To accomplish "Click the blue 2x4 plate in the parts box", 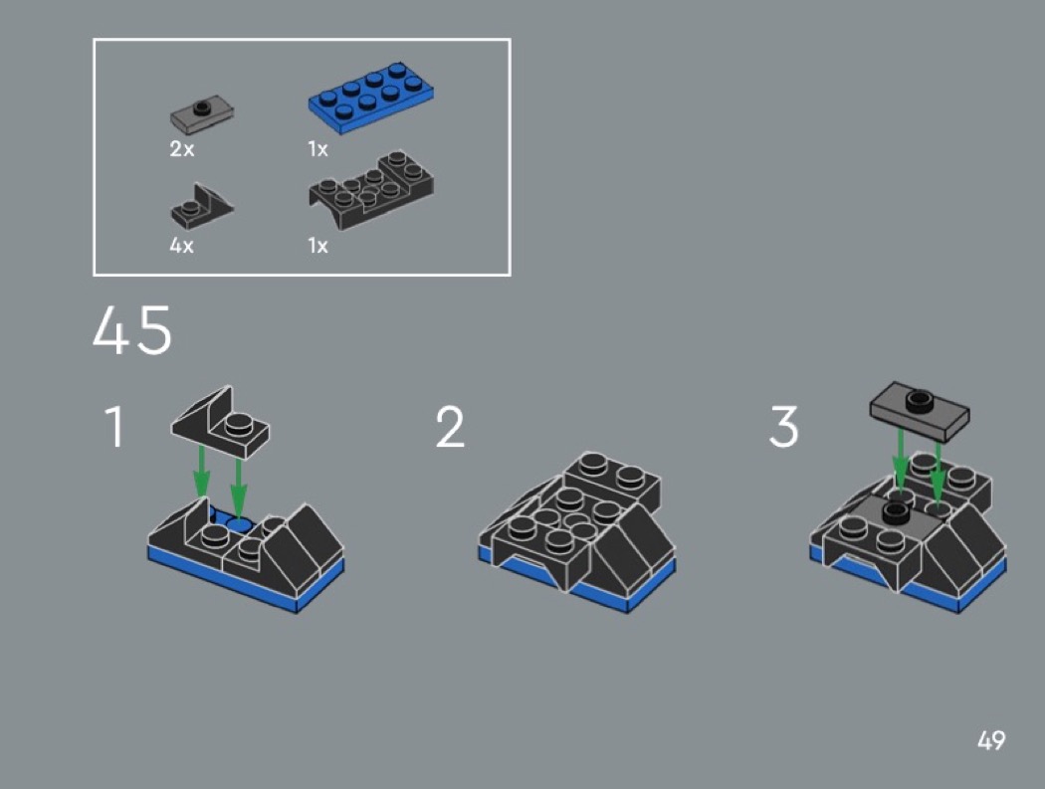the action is (x=370, y=98).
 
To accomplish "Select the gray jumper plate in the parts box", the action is (x=202, y=114).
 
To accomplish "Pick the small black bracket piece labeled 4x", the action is (x=202, y=207).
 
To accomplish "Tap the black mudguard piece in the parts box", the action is (x=371, y=190).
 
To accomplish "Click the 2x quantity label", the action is (x=182, y=148).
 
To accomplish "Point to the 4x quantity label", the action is (x=182, y=245).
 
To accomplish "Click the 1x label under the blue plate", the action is (x=317, y=148).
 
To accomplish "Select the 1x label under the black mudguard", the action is (x=317, y=245).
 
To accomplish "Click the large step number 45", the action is (x=132, y=330).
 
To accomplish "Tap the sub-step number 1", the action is (x=114, y=427).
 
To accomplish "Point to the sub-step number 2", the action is (x=450, y=427).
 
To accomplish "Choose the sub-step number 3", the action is (x=784, y=427).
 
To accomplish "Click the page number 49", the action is (x=991, y=740).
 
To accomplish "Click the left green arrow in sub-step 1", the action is (x=201, y=472).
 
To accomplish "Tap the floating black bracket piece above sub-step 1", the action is (x=221, y=422).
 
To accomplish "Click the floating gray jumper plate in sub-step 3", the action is (x=919, y=409).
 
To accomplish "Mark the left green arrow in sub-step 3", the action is (x=900, y=462).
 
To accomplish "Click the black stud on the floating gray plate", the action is (x=919, y=399).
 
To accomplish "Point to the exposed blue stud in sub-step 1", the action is (x=238, y=524).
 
